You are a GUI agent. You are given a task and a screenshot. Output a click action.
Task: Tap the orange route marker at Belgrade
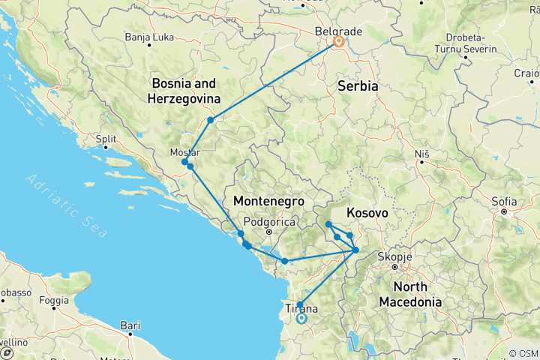point(338,42)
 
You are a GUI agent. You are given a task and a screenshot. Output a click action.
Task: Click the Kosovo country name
point(367,213)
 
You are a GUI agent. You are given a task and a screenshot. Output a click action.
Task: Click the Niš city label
point(421,154)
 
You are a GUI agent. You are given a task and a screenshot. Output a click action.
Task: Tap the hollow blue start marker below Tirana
point(301,318)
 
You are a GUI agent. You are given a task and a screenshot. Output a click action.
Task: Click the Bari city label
point(130,326)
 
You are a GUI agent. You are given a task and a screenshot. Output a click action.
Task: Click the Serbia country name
point(358,86)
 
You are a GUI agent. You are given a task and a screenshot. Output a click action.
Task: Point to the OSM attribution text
point(523,353)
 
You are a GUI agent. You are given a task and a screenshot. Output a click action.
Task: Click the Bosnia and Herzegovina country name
point(184,90)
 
